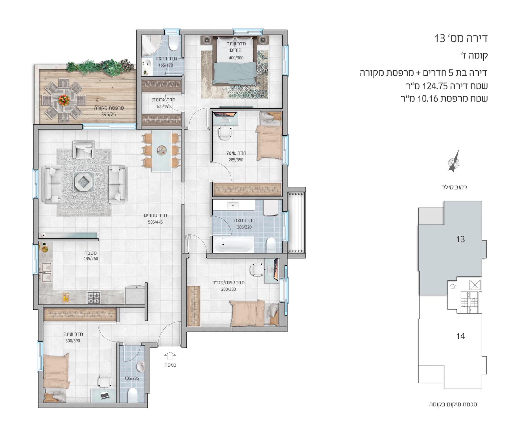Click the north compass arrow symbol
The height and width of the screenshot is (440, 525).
(x=454, y=161)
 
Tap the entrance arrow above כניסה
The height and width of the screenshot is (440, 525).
(x=170, y=356)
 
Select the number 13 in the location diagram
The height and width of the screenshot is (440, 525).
(x=460, y=239)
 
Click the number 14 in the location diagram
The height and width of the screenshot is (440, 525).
(x=460, y=336)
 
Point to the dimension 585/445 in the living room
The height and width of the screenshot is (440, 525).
(x=155, y=222)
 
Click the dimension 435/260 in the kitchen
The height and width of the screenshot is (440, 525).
(x=91, y=258)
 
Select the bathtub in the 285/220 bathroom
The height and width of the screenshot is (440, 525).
(x=233, y=244)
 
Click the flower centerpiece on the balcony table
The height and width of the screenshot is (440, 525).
(x=64, y=99)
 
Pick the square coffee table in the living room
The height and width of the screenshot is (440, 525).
(x=83, y=181)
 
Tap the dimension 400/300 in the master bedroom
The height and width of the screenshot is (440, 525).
(x=236, y=58)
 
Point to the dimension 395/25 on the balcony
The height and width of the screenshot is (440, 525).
(x=108, y=114)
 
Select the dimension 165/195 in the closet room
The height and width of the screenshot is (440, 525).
(x=163, y=106)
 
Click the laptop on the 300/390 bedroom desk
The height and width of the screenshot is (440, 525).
(x=105, y=395)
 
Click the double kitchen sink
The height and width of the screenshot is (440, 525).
(x=46, y=273)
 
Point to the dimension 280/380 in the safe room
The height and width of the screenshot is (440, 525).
(x=228, y=289)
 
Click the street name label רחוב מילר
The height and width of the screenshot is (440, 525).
(x=454, y=187)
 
